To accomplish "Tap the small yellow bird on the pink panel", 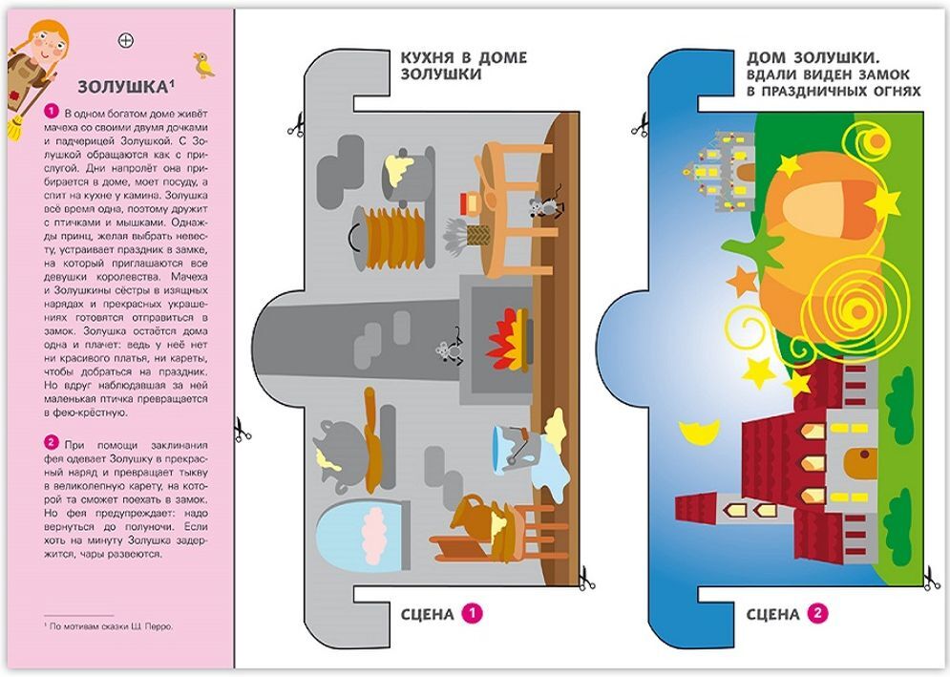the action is (x=204, y=65).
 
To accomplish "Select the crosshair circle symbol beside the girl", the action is (x=125, y=41).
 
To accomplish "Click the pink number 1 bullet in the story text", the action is (x=52, y=112).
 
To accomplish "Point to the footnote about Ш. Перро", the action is (x=109, y=626).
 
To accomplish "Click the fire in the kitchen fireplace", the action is (x=508, y=340).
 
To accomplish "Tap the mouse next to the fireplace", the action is (x=449, y=349).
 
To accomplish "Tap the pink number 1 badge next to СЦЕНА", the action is (x=472, y=613).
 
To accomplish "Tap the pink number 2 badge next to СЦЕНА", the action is (x=817, y=613).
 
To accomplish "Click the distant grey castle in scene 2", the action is (x=721, y=172).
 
